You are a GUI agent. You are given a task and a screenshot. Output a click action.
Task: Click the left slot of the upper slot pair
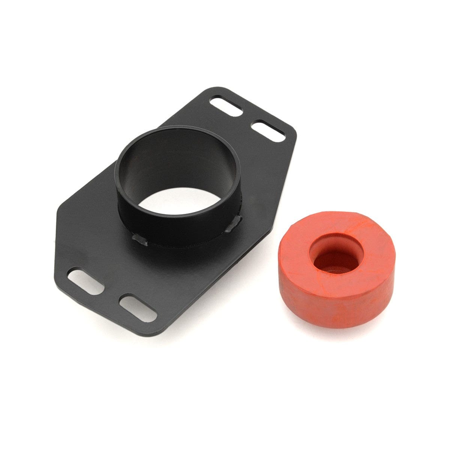pyautogui.click(x=226, y=106)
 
